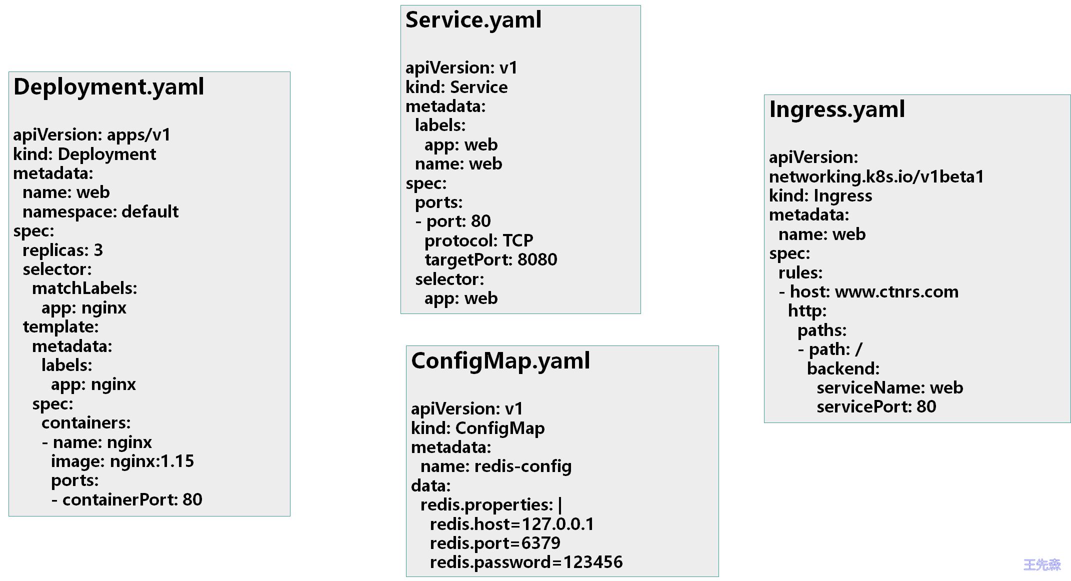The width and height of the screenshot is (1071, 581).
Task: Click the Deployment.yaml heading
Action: pyautogui.click(x=108, y=87)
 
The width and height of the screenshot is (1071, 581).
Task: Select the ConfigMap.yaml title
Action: pyautogui.click(x=500, y=361)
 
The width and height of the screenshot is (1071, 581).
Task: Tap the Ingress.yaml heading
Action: pyautogui.click(x=836, y=110)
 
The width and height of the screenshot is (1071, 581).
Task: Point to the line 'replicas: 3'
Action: pyautogui.click(x=62, y=250)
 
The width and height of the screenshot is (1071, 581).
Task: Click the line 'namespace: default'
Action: pyautogui.click(x=100, y=212)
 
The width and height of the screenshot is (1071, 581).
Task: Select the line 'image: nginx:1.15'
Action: pyautogui.click(x=122, y=461)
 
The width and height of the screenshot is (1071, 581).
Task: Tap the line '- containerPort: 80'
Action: pyautogui.click(x=126, y=499)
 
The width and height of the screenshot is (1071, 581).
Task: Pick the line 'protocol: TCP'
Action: pyautogui.click(x=478, y=241)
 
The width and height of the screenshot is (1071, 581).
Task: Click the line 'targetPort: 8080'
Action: pyautogui.click(x=490, y=260)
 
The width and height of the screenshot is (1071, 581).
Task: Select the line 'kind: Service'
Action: pyautogui.click(x=456, y=87)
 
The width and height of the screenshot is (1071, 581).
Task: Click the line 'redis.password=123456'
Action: pyautogui.click(x=526, y=562)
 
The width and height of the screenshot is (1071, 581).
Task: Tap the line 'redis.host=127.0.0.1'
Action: pyautogui.click(x=511, y=524)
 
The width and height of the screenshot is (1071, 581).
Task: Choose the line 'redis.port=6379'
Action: pyautogui.click(x=495, y=543)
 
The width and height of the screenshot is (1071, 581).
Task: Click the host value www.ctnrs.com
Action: pyautogui.click(x=896, y=292)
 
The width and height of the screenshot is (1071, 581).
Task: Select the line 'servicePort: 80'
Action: pyautogui.click(x=876, y=407)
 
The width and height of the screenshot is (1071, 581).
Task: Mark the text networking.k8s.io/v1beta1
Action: pyautogui.click(x=876, y=177)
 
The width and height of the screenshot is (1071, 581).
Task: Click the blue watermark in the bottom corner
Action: pyautogui.click(x=1042, y=565)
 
